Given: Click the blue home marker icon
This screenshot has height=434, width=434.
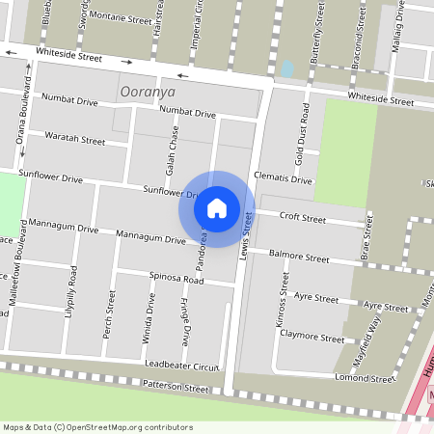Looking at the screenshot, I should coord(217,207).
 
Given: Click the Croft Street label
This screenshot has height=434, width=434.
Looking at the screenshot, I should coord(303,219).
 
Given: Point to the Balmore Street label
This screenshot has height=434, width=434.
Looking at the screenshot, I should coord(299,258).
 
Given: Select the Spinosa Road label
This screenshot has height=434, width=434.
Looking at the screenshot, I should coord(176,279).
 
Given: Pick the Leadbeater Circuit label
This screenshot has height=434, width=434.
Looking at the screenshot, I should coord(182,366).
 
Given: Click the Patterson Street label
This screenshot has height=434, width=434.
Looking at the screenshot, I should coord(176,389).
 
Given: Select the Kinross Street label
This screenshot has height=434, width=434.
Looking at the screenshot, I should coord(284,301).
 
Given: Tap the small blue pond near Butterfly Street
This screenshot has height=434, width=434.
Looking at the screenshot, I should coord(286,69).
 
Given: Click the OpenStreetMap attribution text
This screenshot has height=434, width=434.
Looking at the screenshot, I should coord(85,427).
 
